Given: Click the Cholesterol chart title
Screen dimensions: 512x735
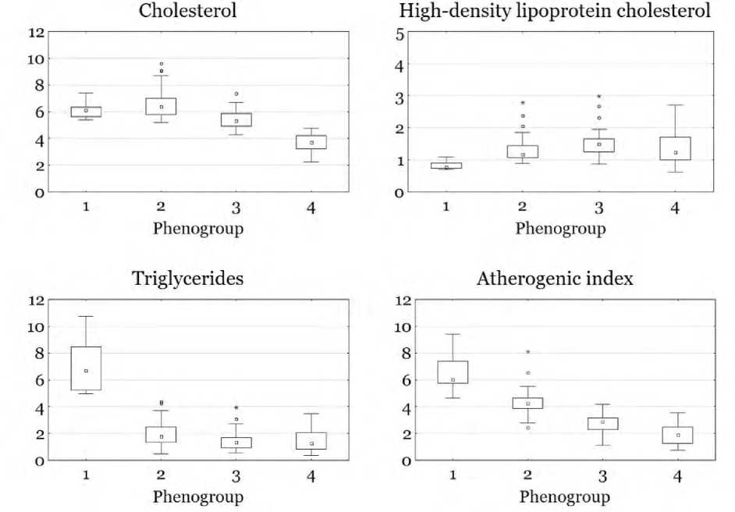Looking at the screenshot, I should click(x=188, y=11).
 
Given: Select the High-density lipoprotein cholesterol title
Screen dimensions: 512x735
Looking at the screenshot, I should click(x=555, y=11).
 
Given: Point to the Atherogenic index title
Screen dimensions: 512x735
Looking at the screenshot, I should click(x=555, y=279).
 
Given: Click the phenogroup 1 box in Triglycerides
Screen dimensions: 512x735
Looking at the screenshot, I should click(x=86, y=368).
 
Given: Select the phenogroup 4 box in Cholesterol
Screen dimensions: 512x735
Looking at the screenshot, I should click(x=311, y=141).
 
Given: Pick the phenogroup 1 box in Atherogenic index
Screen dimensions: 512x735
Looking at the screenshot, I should click(x=453, y=372).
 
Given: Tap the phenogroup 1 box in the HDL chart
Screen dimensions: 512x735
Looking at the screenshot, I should click(x=446, y=165).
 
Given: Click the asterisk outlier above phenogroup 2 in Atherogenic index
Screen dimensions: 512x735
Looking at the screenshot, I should click(x=527, y=353).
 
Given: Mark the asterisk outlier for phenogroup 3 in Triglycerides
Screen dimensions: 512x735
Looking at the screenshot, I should click(x=236, y=408).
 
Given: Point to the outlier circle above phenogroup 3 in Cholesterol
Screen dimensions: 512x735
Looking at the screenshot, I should click(x=236, y=94).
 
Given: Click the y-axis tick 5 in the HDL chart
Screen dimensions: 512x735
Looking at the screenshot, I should click(x=399, y=34).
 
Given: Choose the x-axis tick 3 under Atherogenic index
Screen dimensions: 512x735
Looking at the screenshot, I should click(x=602, y=475).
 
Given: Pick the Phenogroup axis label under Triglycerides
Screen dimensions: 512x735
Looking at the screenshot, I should click(x=197, y=496).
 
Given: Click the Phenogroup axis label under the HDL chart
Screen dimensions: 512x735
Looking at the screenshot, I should click(x=560, y=228).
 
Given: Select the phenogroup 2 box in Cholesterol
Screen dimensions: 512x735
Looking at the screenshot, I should click(x=161, y=106).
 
